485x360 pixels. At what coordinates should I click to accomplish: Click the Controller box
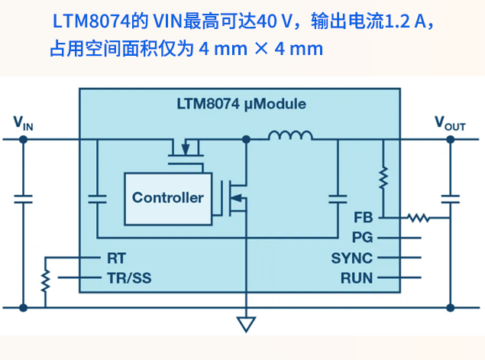[168, 198]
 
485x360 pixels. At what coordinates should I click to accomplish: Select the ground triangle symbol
[245, 324]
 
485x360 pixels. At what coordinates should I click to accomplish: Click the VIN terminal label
[24, 122]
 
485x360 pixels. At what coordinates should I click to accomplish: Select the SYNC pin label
[351, 258]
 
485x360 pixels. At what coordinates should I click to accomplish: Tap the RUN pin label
[356, 277]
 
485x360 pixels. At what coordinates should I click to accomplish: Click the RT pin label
[116, 258]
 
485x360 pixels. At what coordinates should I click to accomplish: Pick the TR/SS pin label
[130, 277]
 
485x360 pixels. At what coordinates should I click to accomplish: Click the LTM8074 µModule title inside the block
[241, 103]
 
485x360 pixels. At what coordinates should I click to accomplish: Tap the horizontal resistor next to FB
[417, 218]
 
